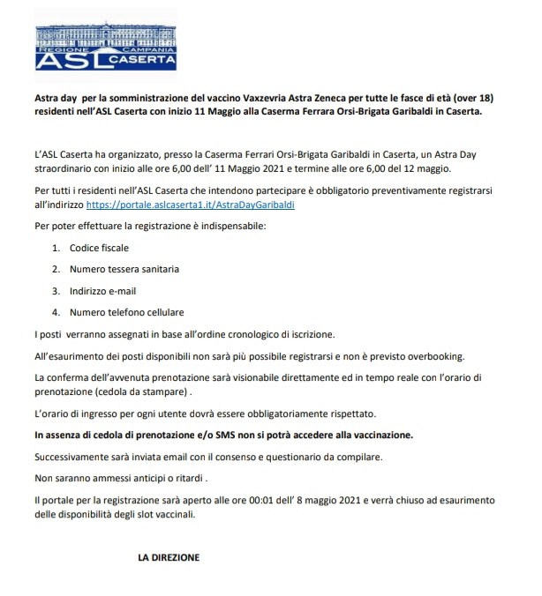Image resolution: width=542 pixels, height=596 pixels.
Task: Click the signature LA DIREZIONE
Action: point(169,557)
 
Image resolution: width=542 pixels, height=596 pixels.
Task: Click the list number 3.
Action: point(55,290)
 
